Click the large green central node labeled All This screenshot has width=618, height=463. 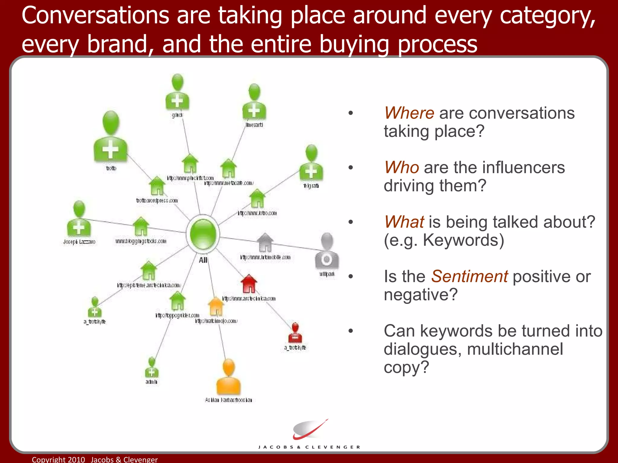click(x=202, y=234)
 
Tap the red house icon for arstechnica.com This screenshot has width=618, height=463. click(x=249, y=284)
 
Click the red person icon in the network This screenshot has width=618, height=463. click(x=295, y=333)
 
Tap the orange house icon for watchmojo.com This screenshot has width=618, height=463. click(x=216, y=307)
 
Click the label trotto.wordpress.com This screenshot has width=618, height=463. click(x=157, y=201)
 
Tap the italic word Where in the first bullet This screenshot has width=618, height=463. click(x=409, y=113)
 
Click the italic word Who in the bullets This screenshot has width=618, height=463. click(x=401, y=168)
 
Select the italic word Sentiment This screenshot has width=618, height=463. click(x=469, y=276)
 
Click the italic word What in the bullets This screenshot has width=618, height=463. click(x=404, y=222)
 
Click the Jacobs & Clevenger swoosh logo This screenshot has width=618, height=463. click(x=310, y=430)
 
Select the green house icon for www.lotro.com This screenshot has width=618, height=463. click(x=257, y=198)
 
